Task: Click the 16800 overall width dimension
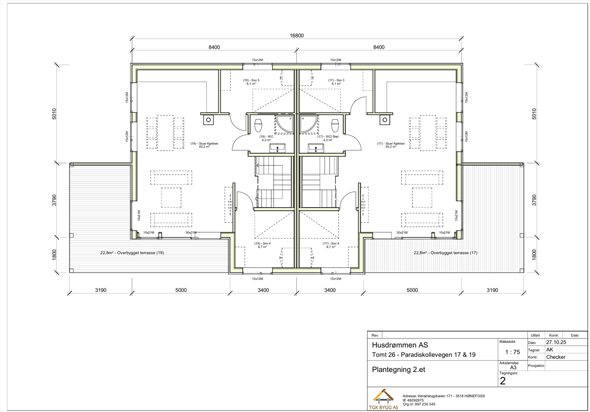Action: pos(296,36)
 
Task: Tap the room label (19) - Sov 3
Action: pos(251,82)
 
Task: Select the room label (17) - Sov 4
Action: pos(331,245)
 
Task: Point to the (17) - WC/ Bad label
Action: pos(328,138)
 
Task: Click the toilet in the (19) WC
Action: pos(258,126)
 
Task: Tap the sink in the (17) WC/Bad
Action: pos(316,148)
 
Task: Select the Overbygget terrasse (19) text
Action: pos(132,253)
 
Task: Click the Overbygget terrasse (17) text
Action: pos(445,253)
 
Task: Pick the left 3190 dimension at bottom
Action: pos(101,290)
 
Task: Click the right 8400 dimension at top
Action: pos(379,47)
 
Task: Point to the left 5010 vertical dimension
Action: pos(54,114)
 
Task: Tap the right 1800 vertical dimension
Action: pos(534,255)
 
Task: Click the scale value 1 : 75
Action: pos(512,352)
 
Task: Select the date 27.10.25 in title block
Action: pos(556,342)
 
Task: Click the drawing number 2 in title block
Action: pos(503,381)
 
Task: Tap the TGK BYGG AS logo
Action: pos(383,399)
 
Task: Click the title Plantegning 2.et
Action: pos(399,370)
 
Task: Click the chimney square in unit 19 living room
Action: pos(208,120)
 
